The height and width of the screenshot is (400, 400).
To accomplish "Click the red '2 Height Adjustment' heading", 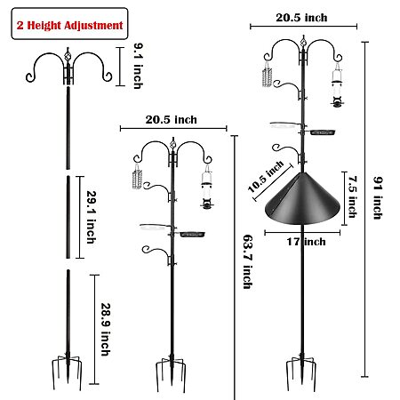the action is point(69,25).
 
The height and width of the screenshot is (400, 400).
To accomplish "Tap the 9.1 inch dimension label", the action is point(138,66).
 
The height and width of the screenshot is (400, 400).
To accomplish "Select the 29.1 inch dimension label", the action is point(92,217).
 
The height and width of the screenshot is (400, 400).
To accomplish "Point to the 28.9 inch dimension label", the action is point(106,329).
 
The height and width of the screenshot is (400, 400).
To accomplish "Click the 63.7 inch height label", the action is point(248,261).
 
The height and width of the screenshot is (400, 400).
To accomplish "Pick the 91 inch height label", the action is point(378,198).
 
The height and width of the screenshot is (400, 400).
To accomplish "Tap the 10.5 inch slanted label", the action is point(266,177).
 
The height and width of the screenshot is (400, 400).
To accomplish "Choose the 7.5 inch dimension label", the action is point(353,197).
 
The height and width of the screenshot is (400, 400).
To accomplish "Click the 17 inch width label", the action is point(306,242).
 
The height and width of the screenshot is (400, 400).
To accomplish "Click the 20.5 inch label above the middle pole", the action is point(171,120).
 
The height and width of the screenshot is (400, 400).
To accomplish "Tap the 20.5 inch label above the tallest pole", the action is point(301,18).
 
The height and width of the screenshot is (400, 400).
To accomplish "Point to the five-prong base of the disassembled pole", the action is point(68,372).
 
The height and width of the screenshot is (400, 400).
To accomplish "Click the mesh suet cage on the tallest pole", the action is point(267,76).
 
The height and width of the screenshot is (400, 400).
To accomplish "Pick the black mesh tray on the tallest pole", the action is point(323,132).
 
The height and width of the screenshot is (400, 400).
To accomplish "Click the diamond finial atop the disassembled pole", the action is point(68,55).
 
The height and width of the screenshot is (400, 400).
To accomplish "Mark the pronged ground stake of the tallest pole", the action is point(301,372).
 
